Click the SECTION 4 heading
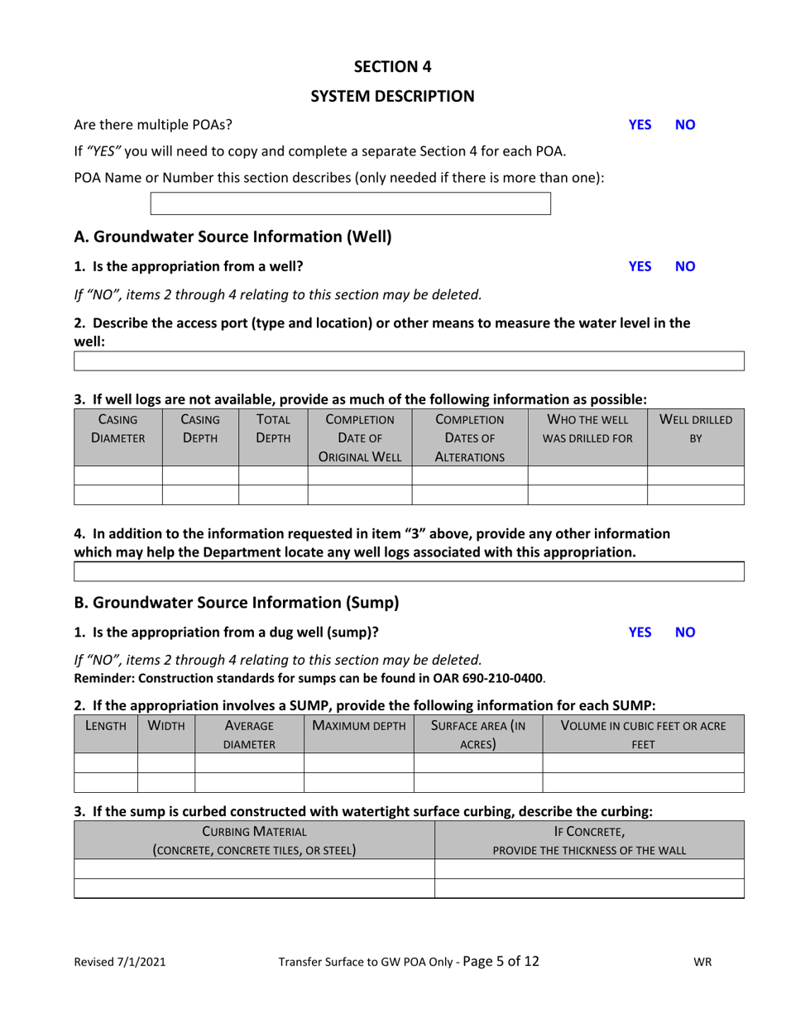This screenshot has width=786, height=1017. coord(392,66)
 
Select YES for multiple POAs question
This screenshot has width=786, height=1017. coord(640,125)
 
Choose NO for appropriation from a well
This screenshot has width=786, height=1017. coord(686,266)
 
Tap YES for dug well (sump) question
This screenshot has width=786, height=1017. coord(640,632)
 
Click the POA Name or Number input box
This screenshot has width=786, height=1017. coord(350,203)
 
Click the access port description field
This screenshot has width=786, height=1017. coord(410,361)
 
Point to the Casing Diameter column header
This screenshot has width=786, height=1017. coord(117,427)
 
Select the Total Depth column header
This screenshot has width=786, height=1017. coord(273,427)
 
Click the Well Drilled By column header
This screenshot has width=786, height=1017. coord(695,427)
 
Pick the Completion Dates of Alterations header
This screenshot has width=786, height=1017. coord(469,436)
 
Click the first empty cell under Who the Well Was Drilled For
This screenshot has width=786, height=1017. coord(587,475)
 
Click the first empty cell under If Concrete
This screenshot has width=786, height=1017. coord(589,868)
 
